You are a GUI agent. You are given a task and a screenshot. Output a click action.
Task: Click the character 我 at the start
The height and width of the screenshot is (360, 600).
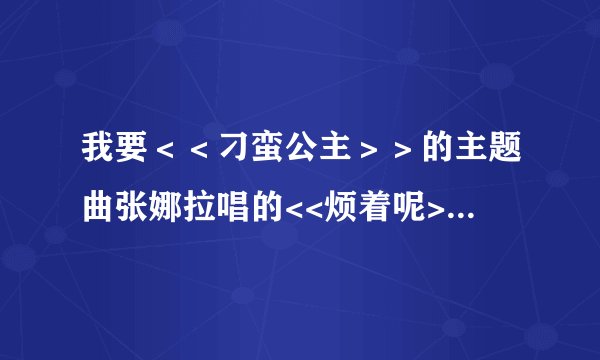97,152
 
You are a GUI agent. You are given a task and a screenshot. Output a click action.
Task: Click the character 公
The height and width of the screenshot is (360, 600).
293,152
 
